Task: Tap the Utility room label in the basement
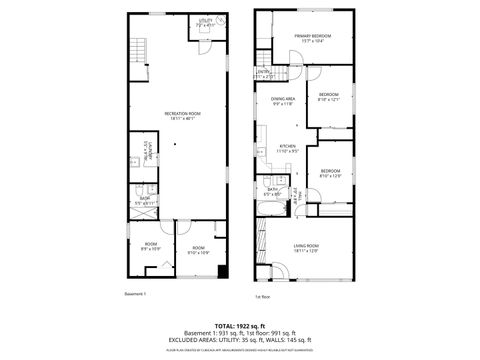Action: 205,22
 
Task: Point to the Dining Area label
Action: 283,101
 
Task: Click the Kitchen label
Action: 287,149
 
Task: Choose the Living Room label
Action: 306,247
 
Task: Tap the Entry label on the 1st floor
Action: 264,73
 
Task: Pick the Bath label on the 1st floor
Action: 272,190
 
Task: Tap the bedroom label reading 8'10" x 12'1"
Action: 329,97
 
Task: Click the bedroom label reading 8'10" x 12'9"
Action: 331,173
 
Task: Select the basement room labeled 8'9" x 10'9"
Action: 151,246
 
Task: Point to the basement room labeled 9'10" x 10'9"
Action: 198,250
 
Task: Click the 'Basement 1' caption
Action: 136,294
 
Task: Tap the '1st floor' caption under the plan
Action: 264,297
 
